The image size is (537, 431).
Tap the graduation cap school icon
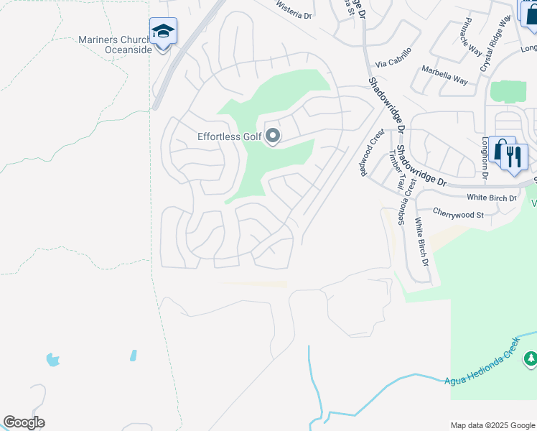coord(163,31)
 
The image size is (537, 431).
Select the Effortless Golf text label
coord(228,136)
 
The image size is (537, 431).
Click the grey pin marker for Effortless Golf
coord(273,136)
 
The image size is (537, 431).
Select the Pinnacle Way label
coord(472,37)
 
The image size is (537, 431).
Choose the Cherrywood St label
coord(459,213)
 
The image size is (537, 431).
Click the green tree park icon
coord(531,357)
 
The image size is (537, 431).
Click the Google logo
coord(24,422)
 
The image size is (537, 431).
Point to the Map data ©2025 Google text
coord(492,425)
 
